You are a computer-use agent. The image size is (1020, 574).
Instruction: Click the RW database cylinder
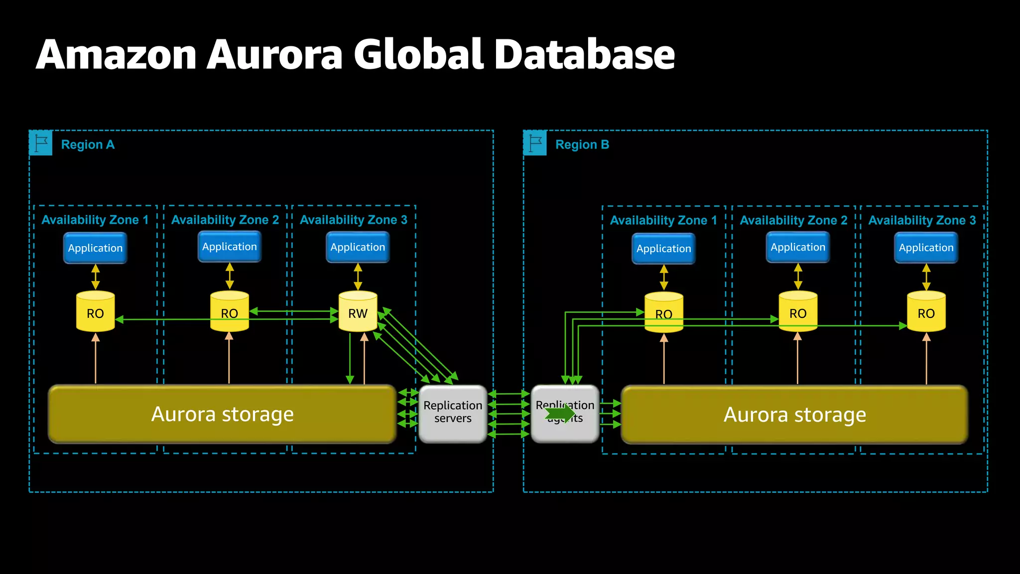click(x=358, y=312)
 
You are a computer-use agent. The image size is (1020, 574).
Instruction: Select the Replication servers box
click(x=453, y=414)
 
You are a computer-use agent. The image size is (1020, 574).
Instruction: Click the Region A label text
click(x=88, y=144)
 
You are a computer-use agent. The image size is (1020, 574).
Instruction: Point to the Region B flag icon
click(x=535, y=143)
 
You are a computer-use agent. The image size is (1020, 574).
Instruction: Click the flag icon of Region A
click(x=41, y=143)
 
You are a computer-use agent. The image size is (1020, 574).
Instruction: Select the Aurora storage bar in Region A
click(x=222, y=414)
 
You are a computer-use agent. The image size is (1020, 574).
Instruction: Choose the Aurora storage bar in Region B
click(x=794, y=415)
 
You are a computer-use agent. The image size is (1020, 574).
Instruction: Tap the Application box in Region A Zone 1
click(x=95, y=248)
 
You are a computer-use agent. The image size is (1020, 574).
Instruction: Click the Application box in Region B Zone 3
click(x=926, y=248)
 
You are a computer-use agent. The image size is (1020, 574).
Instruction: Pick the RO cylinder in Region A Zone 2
click(x=229, y=312)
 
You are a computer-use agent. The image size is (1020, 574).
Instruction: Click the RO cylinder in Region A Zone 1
click(x=95, y=312)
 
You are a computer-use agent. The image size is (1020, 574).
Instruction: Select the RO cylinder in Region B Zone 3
click(x=926, y=312)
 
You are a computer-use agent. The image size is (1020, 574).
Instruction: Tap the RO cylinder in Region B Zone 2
click(x=797, y=312)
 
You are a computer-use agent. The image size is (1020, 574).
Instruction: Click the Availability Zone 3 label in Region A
click(x=354, y=220)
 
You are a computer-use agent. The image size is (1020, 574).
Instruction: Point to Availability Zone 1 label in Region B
click(x=663, y=220)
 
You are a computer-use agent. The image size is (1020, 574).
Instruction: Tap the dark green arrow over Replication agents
click(x=560, y=413)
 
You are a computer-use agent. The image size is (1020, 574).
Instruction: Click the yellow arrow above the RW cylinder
click(x=358, y=277)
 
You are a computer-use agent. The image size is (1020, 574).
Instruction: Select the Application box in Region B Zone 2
click(x=797, y=247)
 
